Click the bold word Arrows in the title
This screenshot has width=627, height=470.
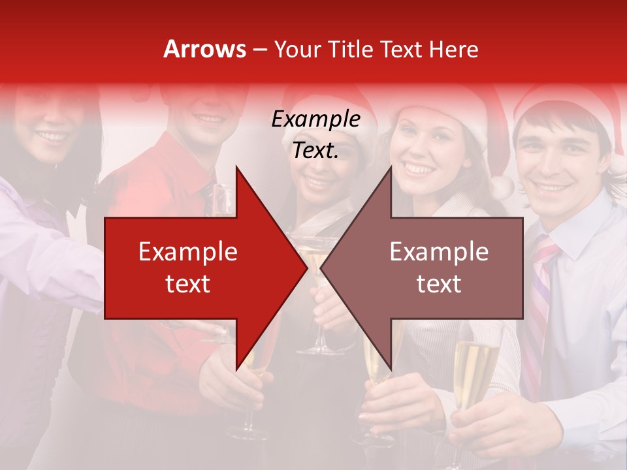click(x=205, y=49)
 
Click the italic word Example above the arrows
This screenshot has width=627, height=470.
click(x=315, y=119)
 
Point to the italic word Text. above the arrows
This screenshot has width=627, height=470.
click(x=315, y=151)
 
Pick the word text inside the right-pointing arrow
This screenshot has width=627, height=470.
click(x=187, y=284)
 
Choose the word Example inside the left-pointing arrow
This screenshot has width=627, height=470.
click(x=439, y=252)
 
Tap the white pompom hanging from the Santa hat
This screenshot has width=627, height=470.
click(x=502, y=188)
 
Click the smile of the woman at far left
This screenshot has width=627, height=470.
click(x=52, y=137)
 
